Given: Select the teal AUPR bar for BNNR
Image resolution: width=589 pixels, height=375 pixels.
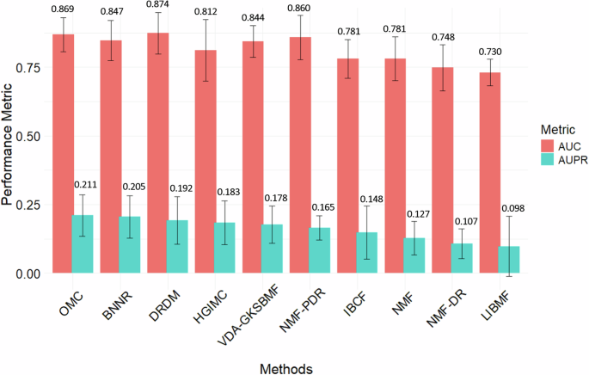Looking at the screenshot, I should pos(130,245).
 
